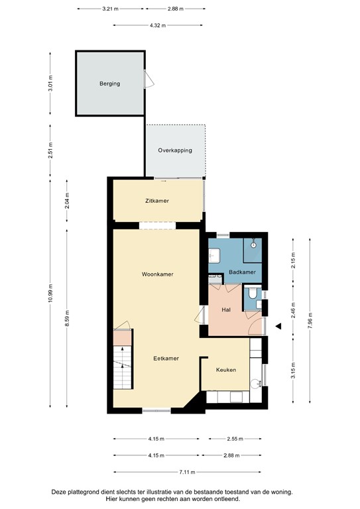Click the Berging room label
[110, 84]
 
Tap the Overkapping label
[175, 150]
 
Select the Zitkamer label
[158, 200]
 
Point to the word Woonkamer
[157, 274]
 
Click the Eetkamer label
[166, 358]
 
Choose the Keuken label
[226, 370]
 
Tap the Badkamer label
[242, 272]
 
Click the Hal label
[225, 310]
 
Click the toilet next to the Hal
[253, 297]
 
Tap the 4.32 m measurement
[157, 25]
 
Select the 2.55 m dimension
[233, 439]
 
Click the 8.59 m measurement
[67, 317]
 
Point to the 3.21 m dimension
[110, 9]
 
